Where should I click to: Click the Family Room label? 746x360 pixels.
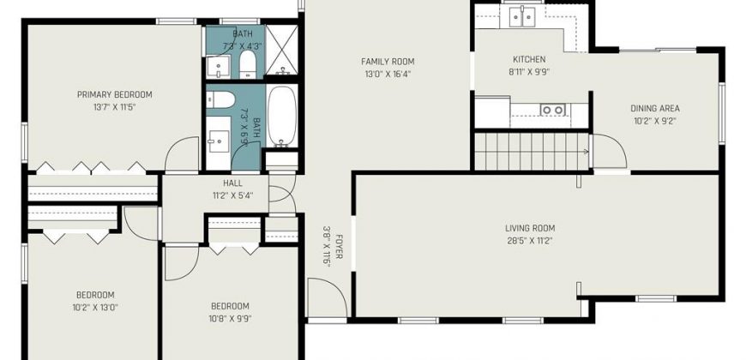tap(388, 62)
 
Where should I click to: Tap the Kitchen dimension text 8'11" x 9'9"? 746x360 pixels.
tap(529, 72)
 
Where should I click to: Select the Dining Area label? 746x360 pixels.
tap(655, 108)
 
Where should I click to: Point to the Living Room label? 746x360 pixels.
tap(530, 228)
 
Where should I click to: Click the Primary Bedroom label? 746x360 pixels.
tap(115, 94)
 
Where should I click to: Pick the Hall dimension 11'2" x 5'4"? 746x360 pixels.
tap(232, 195)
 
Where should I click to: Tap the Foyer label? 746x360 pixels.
tap(340, 247)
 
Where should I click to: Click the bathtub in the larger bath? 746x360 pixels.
tap(281, 116)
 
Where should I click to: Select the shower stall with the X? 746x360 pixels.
tap(281, 50)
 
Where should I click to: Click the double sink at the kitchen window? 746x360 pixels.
tap(523, 17)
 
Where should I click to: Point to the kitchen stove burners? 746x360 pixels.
tap(552, 110)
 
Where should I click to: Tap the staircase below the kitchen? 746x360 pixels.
tap(532, 151)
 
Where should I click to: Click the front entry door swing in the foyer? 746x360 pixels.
tap(327, 297)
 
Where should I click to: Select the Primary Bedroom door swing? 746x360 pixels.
tap(182, 153)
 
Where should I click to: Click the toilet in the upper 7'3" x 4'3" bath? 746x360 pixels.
tap(248, 64)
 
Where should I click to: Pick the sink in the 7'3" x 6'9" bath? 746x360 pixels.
tap(219, 141)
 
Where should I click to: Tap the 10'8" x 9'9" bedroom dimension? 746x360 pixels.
tap(231, 319)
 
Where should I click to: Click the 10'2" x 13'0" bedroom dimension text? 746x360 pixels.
tap(95, 307)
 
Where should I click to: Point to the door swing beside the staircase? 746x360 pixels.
tap(610, 151)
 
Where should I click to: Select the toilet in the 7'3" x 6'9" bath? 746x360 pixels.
tap(220, 100)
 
